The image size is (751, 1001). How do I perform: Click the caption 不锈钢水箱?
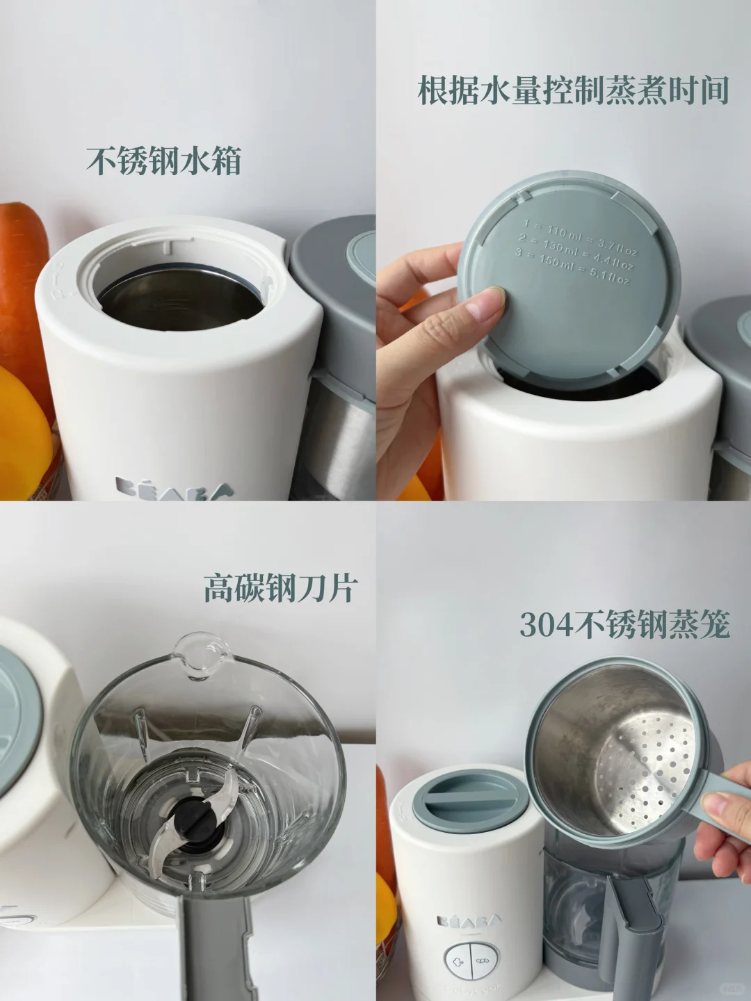[x=164, y=161]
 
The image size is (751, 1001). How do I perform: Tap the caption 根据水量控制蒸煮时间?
[x=572, y=91]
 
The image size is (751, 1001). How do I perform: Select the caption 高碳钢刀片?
[x=280, y=587]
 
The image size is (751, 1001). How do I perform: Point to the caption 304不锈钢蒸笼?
[x=624, y=625]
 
